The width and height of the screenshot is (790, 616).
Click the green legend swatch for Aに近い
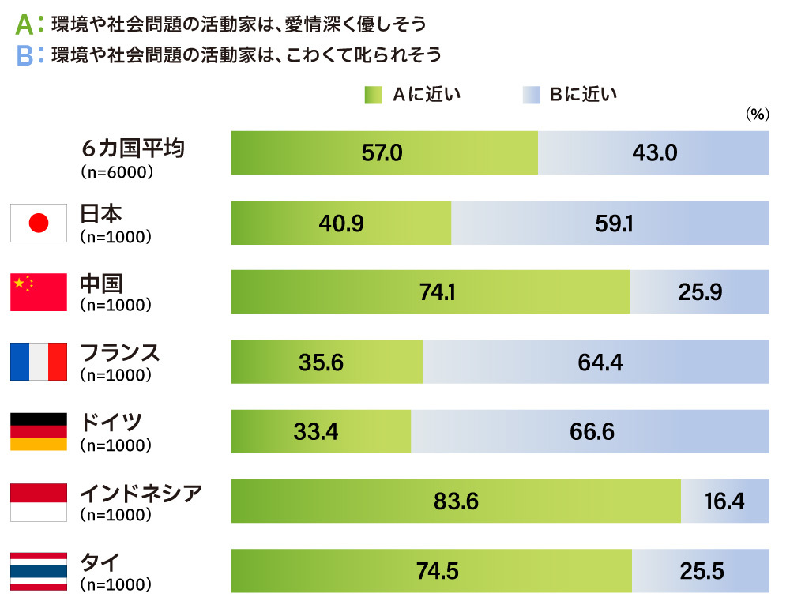coord(373,96)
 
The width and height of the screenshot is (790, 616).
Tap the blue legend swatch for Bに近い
coord(531,96)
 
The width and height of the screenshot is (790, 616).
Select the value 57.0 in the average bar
coord(382,153)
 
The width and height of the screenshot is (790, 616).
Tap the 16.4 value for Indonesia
coord(724,501)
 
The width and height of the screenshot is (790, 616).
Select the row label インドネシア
coord(141,493)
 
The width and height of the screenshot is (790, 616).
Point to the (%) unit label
coord(756,115)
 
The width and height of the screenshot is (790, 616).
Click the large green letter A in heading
coord(24,24)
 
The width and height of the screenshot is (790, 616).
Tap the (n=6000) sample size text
coord(116,170)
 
